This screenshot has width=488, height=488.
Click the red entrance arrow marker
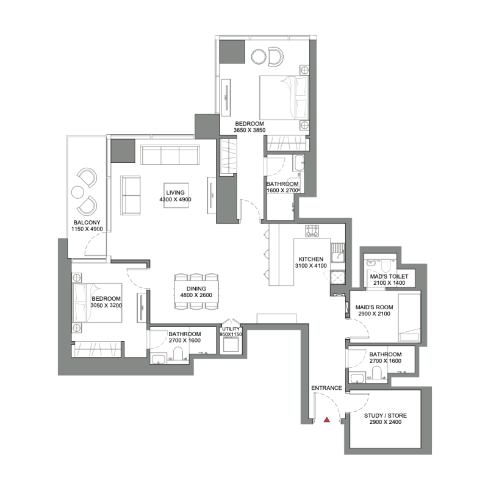[327, 420]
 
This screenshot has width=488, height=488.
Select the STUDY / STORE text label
[385, 416]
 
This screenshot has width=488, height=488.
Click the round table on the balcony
[77, 192]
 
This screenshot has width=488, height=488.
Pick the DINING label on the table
[196, 289]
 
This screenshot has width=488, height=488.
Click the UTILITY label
[231, 329]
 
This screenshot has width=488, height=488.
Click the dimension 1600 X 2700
[282, 191]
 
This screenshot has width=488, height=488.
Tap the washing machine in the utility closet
[231, 345]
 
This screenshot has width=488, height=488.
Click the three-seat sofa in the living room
[170, 155]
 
